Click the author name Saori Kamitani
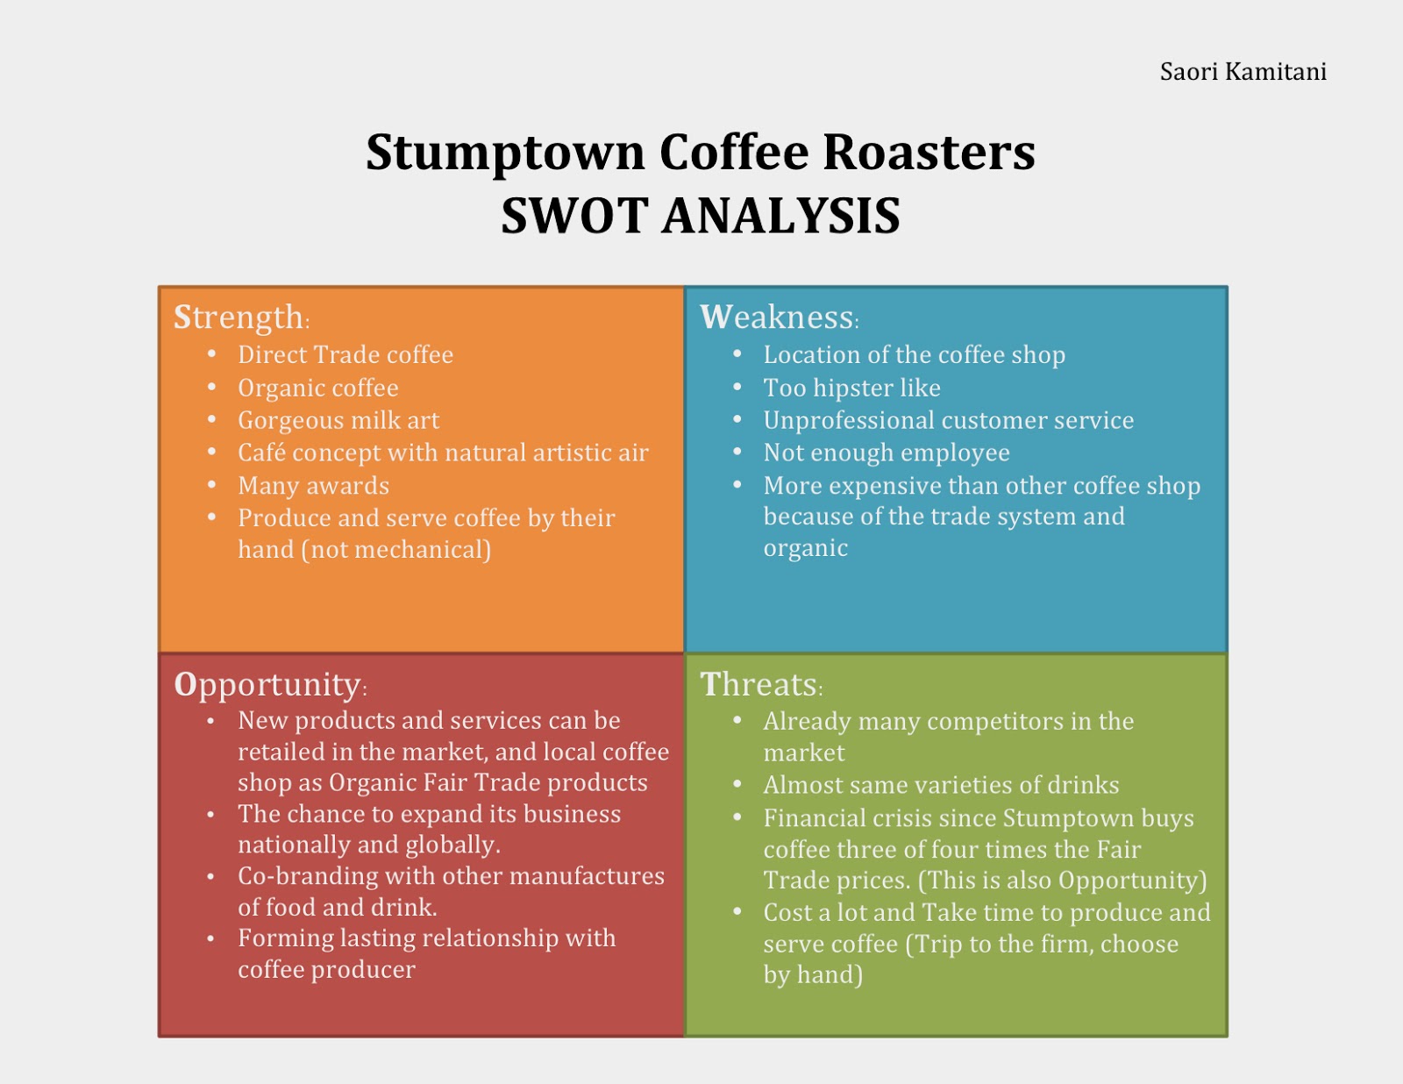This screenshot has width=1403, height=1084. pyautogui.click(x=1243, y=72)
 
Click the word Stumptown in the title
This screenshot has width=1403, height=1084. pyautogui.click(x=505, y=153)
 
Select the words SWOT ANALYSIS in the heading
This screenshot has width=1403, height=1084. pyautogui.click(x=700, y=215)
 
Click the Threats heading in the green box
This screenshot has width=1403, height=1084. pyautogui.click(x=761, y=684)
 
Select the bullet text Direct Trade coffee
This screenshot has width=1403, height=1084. pyautogui.click(x=345, y=354)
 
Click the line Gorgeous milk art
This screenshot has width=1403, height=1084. pyautogui.click(x=338, y=420)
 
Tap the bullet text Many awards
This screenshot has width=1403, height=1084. pyautogui.click(x=313, y=486)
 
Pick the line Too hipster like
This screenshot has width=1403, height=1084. pyautogui.click(x=851, y=388)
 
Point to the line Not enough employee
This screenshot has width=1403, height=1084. pyautogui.click(x=887, y=453)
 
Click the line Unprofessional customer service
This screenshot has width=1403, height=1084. pyautogui.click(x=949, y=420)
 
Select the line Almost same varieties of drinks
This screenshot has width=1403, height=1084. pyautogui.click(x=941, y=785)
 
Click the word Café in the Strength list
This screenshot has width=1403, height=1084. pyautogui.click(x=261, y=452)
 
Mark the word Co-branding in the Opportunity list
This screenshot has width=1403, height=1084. pyautogui.click(x=303, y=876)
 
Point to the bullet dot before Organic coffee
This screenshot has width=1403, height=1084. pyautogui.click(x=212, y=387)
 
